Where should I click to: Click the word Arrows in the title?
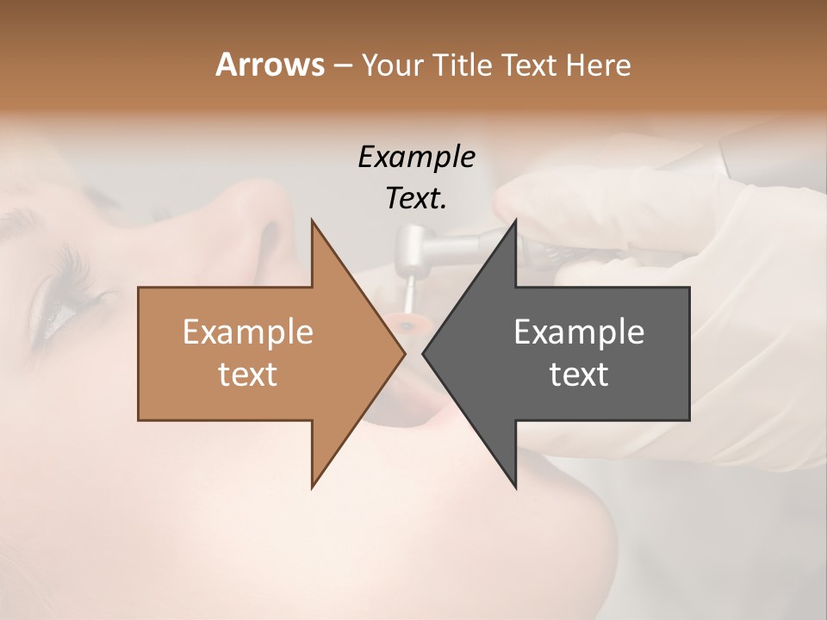[270, 65]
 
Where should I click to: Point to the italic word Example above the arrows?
[416, 157]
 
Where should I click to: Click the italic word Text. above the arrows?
[416, 198]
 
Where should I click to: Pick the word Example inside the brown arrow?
[248, 332]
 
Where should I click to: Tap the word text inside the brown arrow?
[248, 374]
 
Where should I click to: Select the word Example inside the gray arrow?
[579, 332]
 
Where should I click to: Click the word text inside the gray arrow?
[579, 374]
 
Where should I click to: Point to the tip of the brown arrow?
[404, 353]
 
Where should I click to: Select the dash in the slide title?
[341, 65]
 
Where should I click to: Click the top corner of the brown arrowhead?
[312, 220]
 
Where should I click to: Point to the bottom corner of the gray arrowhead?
[515, 487]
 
